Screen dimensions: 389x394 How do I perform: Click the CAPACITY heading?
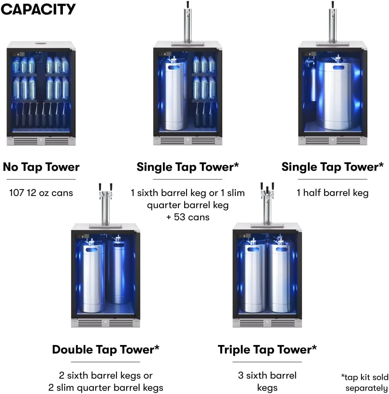click(x=38, y=9)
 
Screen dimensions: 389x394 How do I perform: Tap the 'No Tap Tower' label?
click(x=41, y=167)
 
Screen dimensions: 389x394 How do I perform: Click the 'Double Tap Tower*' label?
click(x=105, y=349)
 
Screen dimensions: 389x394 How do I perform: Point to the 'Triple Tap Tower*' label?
click(x=267, y=349)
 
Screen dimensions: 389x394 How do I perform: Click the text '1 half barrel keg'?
click(x=332, y=193)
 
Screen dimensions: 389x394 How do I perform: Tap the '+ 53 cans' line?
click(x=188, y=217)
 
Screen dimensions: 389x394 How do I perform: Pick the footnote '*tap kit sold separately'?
click(x=365, y=383)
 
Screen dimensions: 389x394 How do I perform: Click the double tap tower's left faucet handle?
click(x=100, y=187)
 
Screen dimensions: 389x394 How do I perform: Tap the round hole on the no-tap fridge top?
click(x=41, y=43)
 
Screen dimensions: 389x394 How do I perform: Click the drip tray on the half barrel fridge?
click(x=332, y=44)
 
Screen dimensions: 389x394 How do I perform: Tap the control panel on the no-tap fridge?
click(x=19, y=54)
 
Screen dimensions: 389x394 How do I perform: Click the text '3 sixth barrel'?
click(x=267, y=375)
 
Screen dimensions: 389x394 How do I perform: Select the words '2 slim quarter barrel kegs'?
click(x=105, y=388)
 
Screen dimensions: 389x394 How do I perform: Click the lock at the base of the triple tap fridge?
click(x=267, y=322)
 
